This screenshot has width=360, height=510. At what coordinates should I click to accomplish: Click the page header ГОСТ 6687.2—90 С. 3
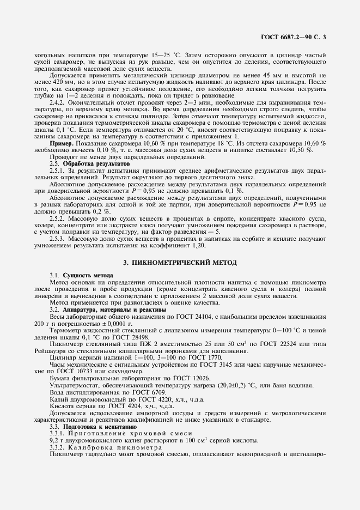292,38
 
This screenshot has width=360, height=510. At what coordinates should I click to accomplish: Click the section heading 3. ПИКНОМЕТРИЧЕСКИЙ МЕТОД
180,263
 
